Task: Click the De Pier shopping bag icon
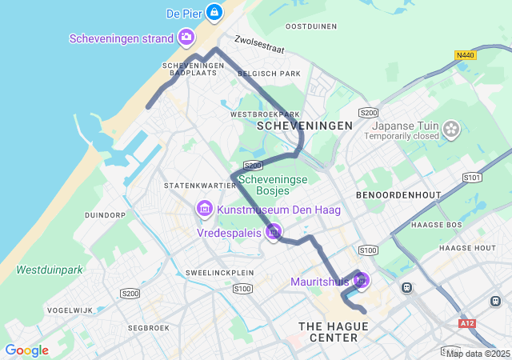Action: [214, 12]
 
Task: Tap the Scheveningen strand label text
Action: [121, 38]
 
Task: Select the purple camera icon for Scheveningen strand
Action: [186, 37]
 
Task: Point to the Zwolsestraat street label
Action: [259, 43]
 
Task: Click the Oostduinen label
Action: [311, 26]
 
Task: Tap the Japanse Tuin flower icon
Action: [452, 128]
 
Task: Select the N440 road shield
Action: [464, 55]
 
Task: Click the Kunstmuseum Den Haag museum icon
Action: [204, 210]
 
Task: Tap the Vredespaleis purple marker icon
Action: [274, 232]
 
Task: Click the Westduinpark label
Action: [50, 270]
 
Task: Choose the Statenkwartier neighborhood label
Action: [191, 186]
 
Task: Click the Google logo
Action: [26, 350]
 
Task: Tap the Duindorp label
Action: [106, 215]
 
